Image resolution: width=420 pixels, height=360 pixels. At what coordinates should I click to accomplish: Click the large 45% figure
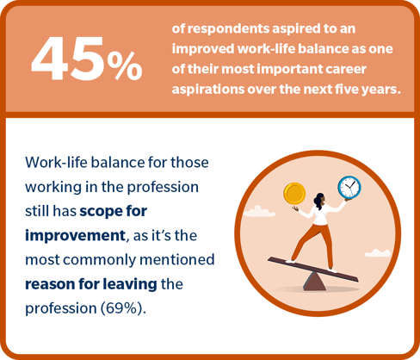[87, 59]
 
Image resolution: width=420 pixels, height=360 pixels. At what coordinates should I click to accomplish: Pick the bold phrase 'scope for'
[114, 212]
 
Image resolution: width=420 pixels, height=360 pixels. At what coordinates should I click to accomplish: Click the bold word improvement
[75, 235]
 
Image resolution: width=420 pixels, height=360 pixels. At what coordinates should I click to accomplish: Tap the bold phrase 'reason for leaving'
[91, 284]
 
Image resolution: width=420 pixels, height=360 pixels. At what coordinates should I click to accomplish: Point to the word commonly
[100, 260]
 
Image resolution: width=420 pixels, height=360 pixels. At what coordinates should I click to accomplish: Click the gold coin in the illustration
[294, 194]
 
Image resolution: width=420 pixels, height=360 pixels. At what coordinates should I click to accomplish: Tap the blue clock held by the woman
[349, 188]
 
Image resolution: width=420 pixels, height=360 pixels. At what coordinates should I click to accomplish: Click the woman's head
[319, 199]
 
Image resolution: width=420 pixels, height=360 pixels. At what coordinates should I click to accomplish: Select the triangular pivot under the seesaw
[314, 282]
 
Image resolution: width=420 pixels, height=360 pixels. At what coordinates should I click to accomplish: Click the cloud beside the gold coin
[259, 212]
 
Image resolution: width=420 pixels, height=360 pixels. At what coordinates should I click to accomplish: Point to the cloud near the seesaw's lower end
[378, 253]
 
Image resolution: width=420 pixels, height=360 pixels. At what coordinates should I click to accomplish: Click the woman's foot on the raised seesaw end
[290, 261]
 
